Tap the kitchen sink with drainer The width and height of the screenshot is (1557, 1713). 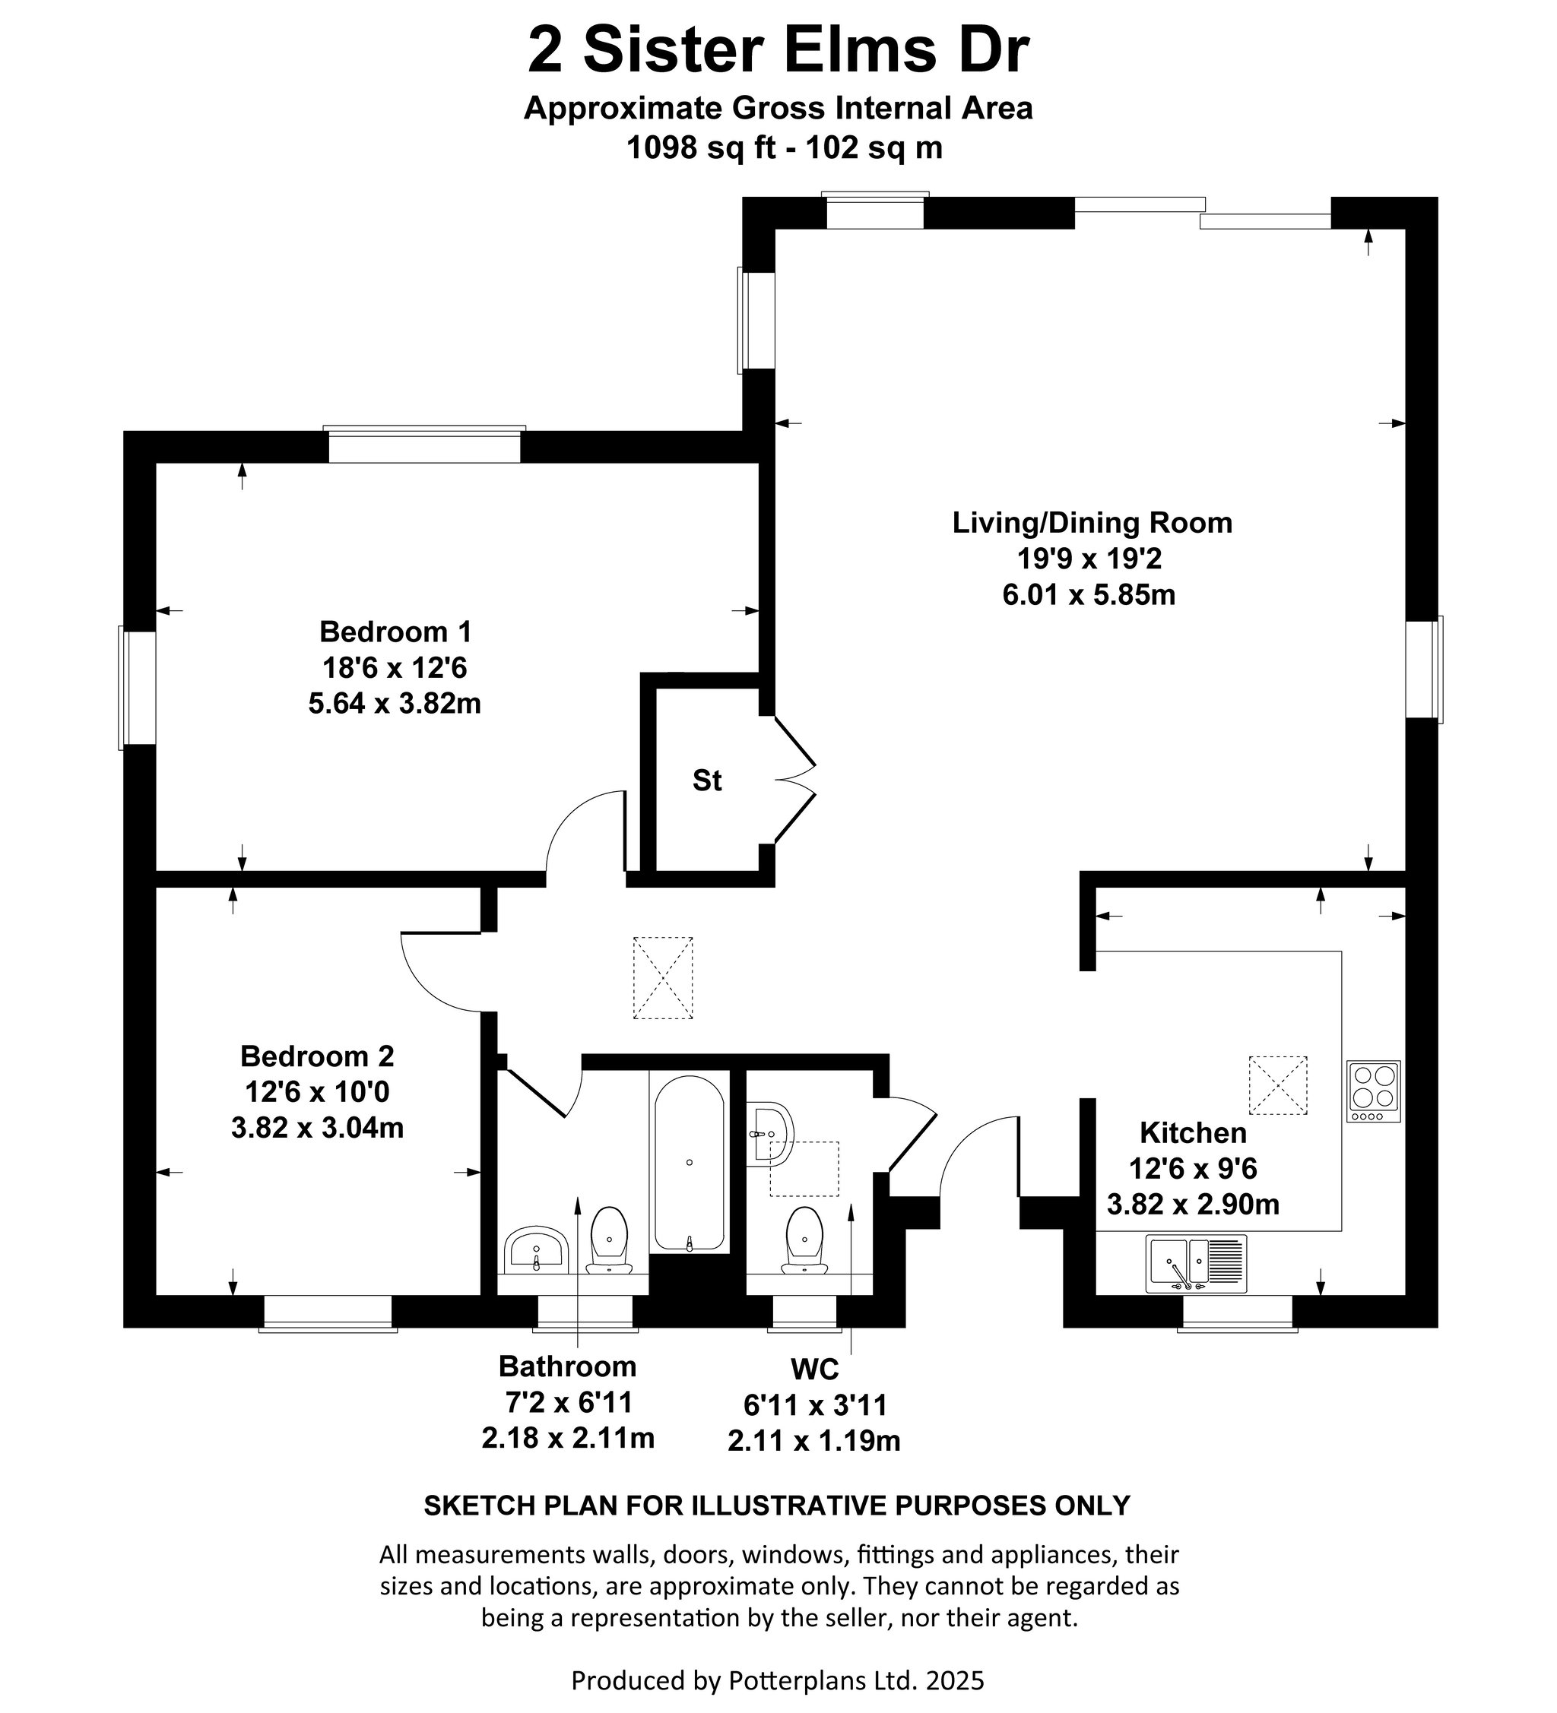pyautogui.click(x=1196, y=1264)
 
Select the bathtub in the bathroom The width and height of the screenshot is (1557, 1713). pyautogui.click(x=690, y=1164)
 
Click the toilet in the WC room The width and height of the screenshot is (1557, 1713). pyautogui.click(x=805, y=1240)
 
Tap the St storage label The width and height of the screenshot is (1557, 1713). pyautogui.click(x=707, y=780)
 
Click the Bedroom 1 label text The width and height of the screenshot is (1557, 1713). pyautogui.click(x=395, y=632)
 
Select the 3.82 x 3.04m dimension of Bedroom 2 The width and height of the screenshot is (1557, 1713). pyautogui.click(x=317, y=1128)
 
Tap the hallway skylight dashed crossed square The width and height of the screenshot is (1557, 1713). pyautogui.click(x=663, y=978)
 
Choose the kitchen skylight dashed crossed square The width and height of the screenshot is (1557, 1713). pyautogui.click(x=1277, y=1085)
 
